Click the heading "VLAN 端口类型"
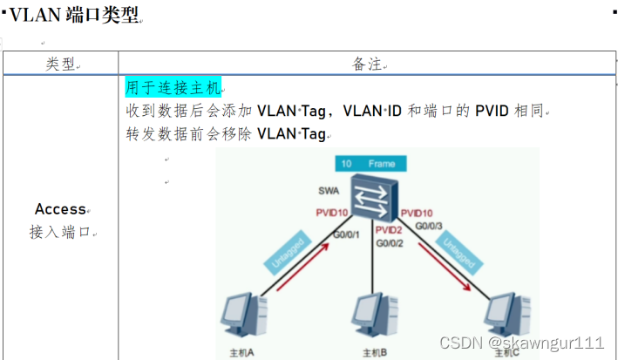[x=74, y=16]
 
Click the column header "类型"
[x=60, y=65]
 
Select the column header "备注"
[x=367, y=65]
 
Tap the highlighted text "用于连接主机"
[x=173, y=88]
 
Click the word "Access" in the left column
[x=60, y=209]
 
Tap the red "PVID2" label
[x=388, y=229]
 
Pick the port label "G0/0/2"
[x=389, y=244]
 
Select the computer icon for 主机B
[x=371, y=319]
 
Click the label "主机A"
[x=241, y=353]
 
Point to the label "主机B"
[x=370, y=353]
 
